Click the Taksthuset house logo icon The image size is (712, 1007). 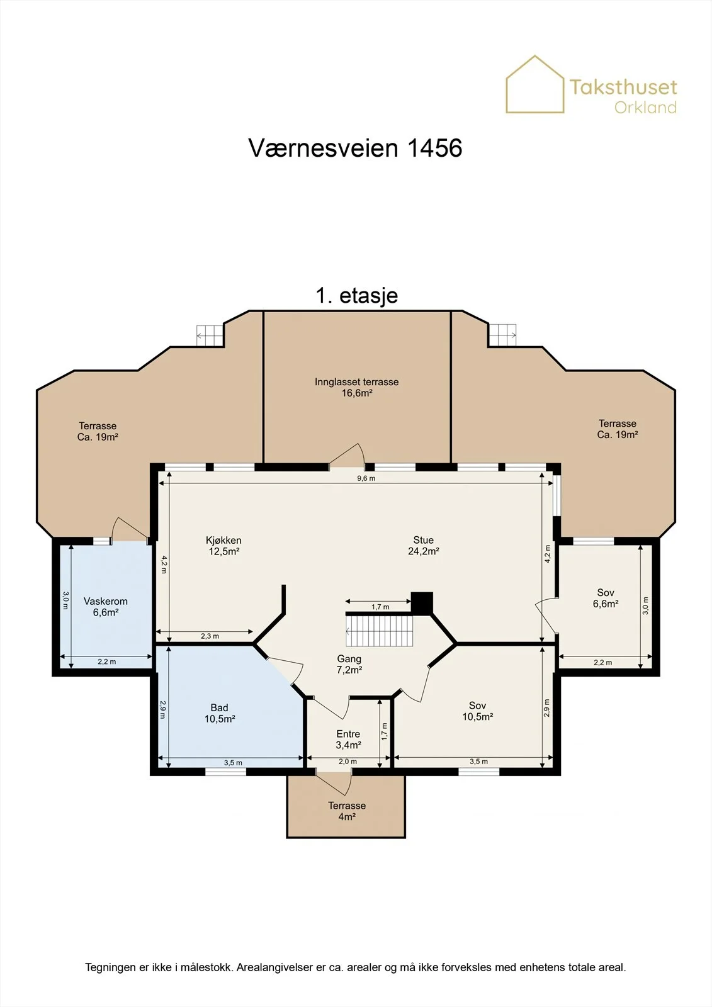(535, 84)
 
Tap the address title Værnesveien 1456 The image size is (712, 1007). (355, 148)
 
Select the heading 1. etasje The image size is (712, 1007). (357, 295)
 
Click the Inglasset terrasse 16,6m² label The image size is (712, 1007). (357, 388)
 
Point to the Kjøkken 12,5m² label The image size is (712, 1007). (223, 546)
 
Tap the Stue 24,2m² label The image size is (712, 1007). (423, 546)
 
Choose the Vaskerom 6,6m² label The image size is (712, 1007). (106, 607)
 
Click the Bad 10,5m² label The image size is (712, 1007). (220, 713)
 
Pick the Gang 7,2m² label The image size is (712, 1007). (349, 664)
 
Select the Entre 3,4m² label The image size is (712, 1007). (348, 739)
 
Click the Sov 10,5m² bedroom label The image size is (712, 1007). (478, 711)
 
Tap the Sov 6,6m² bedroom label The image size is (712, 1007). (606, 598)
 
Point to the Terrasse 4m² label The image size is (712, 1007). (347, 811)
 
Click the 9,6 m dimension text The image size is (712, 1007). (366, 478)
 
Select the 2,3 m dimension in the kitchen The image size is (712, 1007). (210, 636)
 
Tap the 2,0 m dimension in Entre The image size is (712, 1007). (348, 762)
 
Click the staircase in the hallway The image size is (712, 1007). (379, 630)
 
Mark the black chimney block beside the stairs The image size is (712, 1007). (422, 603)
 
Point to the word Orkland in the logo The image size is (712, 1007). (645, 108)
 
